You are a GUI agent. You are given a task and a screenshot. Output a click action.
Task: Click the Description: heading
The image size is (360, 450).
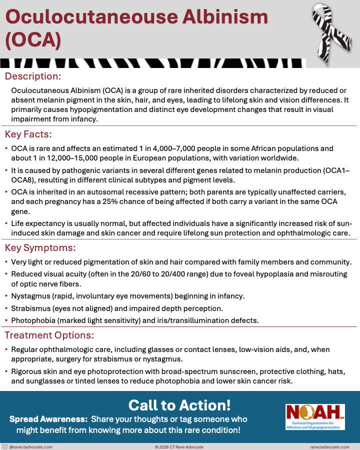tap(33, 76)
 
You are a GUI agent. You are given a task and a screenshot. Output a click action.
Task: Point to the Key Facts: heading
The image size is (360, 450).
tap(28, 134)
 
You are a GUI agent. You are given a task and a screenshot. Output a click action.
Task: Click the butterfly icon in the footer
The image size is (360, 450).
tap(5, 446)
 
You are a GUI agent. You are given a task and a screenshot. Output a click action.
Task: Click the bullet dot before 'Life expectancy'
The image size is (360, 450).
tap(5, 224)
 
